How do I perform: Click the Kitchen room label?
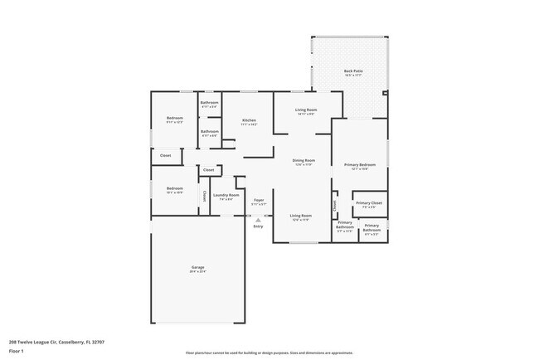point(249,121)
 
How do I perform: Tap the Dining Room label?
point(303,160)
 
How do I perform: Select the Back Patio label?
point(353,71)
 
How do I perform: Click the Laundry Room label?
point(226,196)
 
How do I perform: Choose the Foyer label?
point(259,200)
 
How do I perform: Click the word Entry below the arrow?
point(258,226)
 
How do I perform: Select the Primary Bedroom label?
point(360,165)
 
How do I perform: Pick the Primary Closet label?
point(369,203)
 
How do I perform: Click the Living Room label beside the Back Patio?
point(307,110)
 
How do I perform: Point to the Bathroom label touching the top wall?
point(209,103)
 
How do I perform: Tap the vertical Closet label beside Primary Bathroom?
point(334,203)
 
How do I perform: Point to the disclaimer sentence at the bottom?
point(269,352)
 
